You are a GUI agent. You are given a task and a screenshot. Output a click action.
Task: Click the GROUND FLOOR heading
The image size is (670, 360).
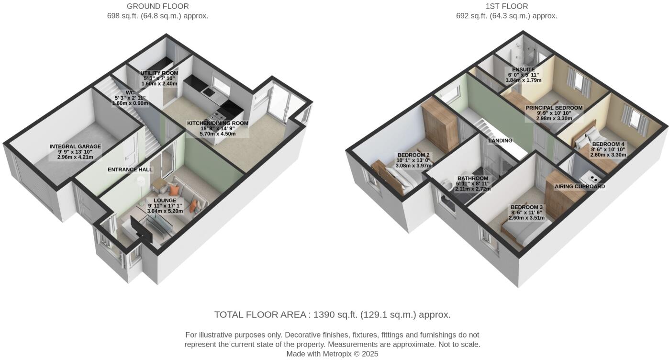[157, 6]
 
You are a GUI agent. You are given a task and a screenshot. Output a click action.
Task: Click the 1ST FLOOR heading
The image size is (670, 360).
[506, 6]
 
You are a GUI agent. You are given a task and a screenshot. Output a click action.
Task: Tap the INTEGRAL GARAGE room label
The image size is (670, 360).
[75, 146]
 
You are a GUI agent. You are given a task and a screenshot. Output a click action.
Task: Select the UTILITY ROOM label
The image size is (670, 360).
[159, 73]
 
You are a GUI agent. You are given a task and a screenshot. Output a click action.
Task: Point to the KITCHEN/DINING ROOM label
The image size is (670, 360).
[218, 123]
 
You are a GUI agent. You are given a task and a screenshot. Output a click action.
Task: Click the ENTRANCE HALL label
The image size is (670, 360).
[130, 169]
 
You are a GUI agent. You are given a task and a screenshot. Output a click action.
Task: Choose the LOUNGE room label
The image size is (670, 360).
[165, 200]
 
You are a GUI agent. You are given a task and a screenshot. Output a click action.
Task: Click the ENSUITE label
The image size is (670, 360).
[523, 69]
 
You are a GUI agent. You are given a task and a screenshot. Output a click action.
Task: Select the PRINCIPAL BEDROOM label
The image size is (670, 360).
[554, 108]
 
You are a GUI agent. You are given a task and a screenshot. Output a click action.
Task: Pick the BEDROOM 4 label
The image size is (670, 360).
[608, 144]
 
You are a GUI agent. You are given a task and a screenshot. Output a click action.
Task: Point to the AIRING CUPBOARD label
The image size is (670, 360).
[580, 186]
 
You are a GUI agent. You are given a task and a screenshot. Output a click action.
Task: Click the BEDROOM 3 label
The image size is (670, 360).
[526, 207]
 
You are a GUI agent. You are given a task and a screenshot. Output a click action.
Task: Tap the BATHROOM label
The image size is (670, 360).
[472, 179]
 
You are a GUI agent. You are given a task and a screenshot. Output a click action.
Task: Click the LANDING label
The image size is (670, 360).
[500, 141]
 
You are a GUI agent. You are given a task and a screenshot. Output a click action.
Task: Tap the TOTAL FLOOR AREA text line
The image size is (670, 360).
[332, 315]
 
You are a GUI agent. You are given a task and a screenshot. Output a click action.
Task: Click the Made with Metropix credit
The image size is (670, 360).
[332, 354]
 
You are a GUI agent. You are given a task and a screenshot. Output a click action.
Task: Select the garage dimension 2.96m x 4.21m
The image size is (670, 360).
[75, 157]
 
